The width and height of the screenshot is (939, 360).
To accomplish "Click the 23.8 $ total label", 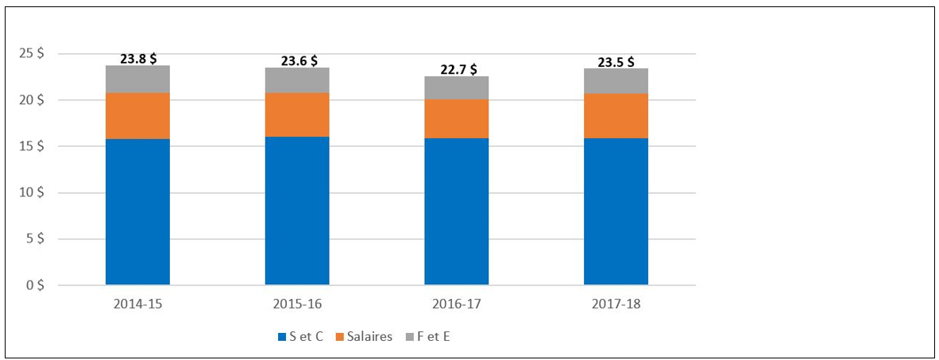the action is (x=137, y=60).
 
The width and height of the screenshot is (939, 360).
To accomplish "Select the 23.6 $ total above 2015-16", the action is (x=299, y=61).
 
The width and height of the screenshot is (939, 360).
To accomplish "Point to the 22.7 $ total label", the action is (x=458, y=69).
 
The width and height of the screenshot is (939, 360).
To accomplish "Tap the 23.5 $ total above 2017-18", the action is (x=616, y=62).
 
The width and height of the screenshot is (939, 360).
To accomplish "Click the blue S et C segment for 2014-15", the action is (x=137, y=212).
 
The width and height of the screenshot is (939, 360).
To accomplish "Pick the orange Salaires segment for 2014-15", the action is (x=137, y=115).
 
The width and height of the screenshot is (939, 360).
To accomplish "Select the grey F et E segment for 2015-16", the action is (x=297, y=80).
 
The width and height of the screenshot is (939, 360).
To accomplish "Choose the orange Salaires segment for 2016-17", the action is (x=456, y=118).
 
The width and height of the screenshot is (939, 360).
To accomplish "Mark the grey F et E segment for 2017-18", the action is (x=616, y=81).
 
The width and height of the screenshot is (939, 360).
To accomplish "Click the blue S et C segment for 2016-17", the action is (x=456, y=211).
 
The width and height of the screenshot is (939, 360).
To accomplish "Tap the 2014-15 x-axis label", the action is (x=137, y=304).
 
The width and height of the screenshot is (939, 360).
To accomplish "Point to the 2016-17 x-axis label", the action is (x=456, y=304).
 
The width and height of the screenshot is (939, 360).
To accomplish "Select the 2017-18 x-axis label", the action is (x=616, y=304).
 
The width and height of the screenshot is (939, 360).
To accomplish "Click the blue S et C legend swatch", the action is (x=282, y=337).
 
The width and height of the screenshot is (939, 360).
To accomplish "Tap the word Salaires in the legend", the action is (x=373, y=337).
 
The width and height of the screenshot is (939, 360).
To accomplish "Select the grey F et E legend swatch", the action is (x=409, y=337).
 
